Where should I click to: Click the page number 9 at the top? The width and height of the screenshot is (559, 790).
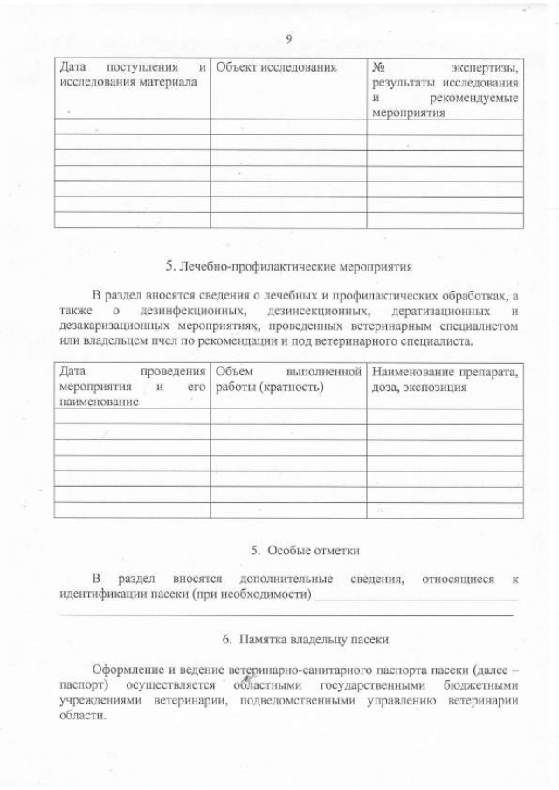click(287, 38)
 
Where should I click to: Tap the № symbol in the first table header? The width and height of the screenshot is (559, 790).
click(379, 67)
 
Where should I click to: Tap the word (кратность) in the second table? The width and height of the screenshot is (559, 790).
click(293, 386)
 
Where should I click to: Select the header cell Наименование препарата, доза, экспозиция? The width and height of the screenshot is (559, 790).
click(445, 379)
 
